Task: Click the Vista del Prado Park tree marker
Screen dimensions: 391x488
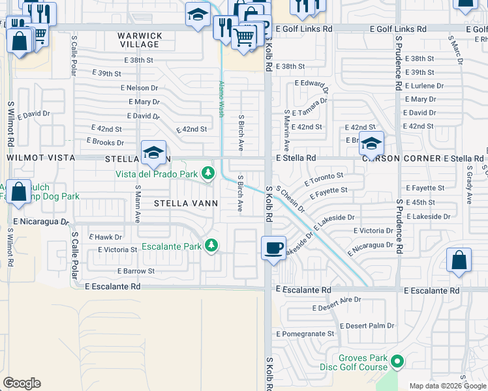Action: (x=208, y=173)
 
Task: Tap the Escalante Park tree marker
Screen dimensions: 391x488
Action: (x=211, y=246)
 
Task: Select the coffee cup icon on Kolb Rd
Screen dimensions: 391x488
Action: (x=273, y=248)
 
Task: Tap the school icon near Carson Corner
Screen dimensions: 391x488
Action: (x=371, y=144)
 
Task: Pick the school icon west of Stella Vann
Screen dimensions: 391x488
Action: (x=153, y=152)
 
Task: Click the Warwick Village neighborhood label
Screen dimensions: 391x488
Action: (x=140, y=40)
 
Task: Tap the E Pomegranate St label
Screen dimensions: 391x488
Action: (x=305, y=334)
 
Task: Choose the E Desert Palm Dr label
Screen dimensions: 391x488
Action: (x=368, y=325)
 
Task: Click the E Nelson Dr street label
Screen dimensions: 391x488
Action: (x=140, y=87)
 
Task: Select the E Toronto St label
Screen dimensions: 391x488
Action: (x=323, y=177)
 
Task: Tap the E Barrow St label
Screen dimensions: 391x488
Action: (x=136, y=270)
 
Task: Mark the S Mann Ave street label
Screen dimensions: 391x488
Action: (x=138, y=203)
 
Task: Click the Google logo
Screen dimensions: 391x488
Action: (x=22, y=383)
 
